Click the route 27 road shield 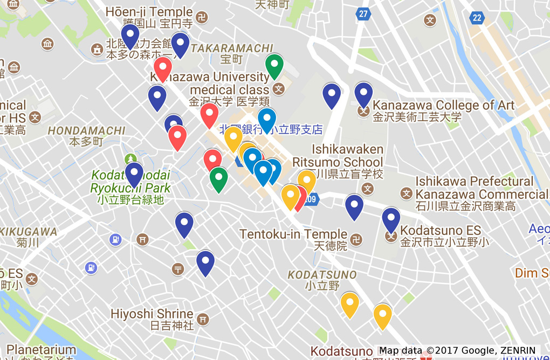coord(363,13)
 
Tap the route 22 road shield coord(477,18)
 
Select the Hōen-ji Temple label coord(149,12)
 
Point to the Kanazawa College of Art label coord(443,105)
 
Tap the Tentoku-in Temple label coord(293,234)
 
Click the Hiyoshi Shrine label coord(152,314)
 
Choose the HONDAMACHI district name coord(86,131)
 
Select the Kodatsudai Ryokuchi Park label coord(130,182)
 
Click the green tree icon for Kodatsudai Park coord(130,158)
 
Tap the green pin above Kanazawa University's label coord(274,66)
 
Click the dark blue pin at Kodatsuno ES coord(391,219)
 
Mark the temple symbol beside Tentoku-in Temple coord(356,239)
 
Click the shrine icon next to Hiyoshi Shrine coord(203,319)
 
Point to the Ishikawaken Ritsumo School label coord(338,156)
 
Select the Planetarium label coord(41,350)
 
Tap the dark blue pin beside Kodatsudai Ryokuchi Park coord(134,174)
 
